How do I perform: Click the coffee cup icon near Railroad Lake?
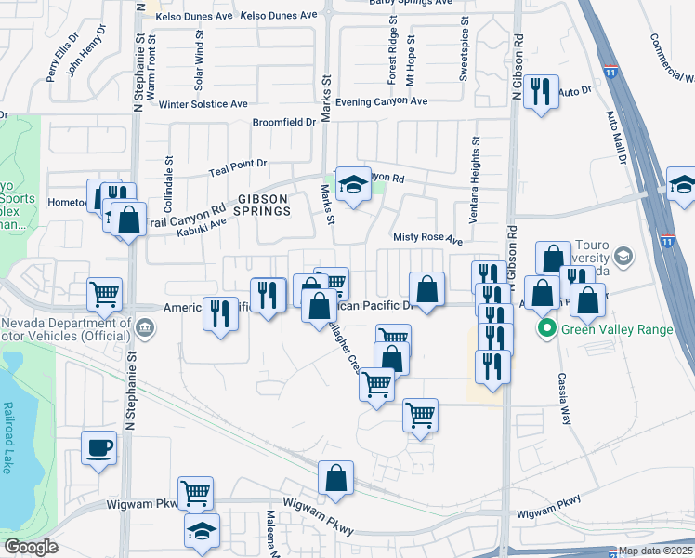coord(98,448)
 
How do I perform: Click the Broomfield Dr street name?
coord(284,122)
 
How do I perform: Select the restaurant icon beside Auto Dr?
coord(539,92)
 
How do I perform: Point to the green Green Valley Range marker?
coord(547,328)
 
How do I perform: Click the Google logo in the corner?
coord(30,547)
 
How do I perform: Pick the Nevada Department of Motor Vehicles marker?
coord(146,327)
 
